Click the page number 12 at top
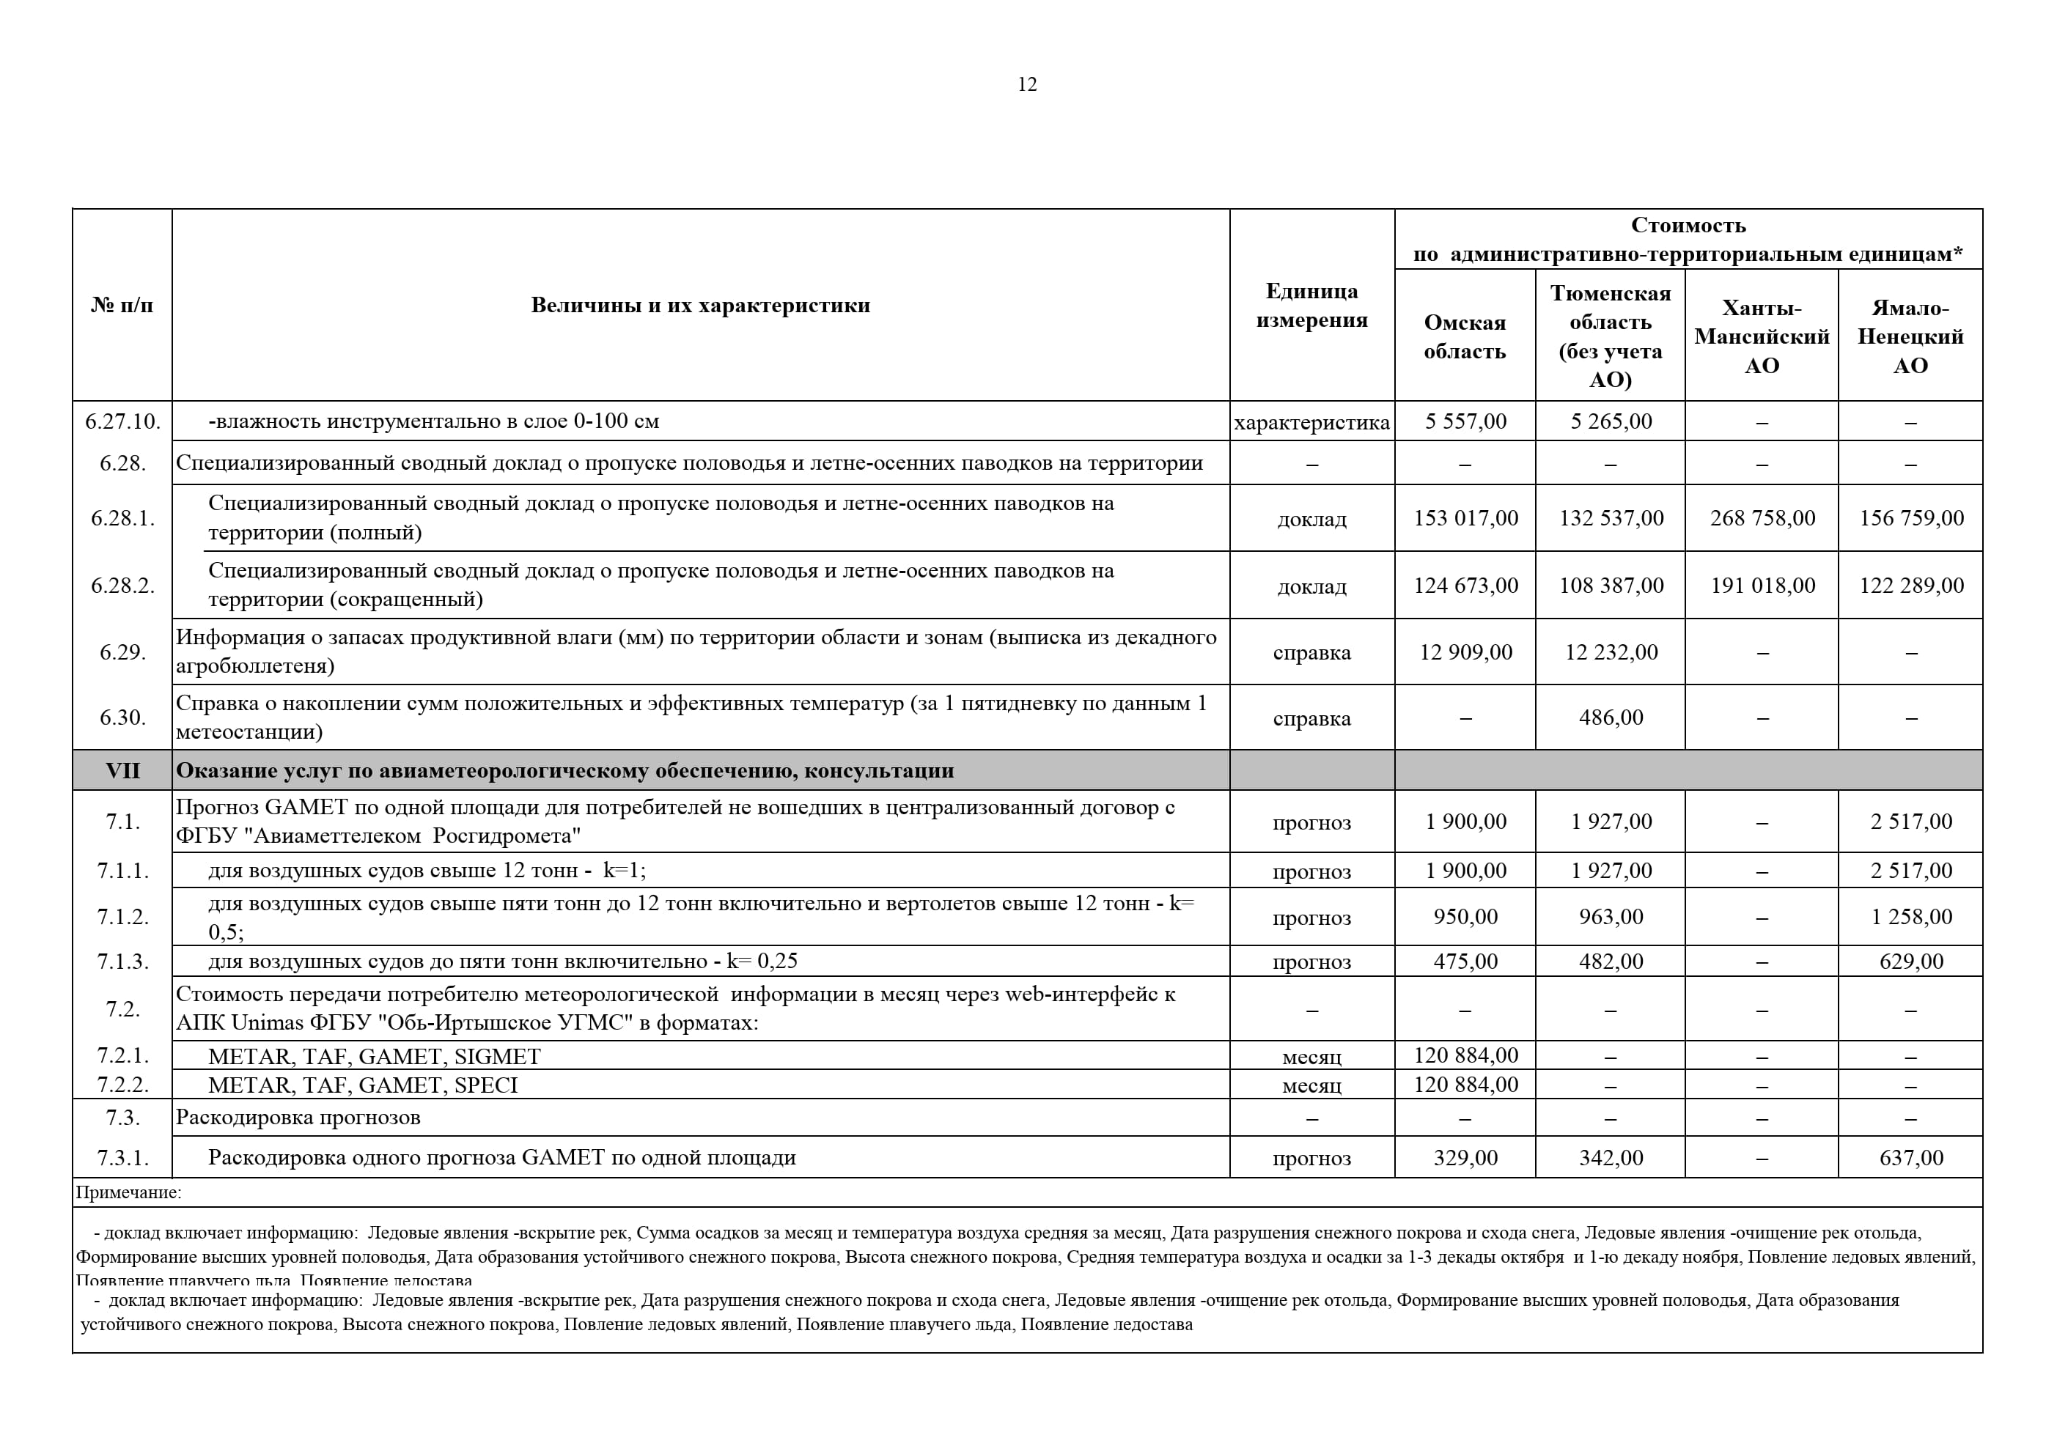pos(1027,84)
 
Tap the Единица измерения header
pos(1311,306)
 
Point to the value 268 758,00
pos(1762,518)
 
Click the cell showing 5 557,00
pos(1465,421)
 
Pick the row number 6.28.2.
pos(122,585)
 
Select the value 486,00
pos(1610,717)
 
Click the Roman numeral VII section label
pos(122,770)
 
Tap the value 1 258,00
pos(1910,917)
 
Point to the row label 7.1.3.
pos(122,962)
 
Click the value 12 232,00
pos(1610,652)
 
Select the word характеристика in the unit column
pos(1311,422)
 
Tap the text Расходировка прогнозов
pos(298,1117)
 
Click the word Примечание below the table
pos(128,1192)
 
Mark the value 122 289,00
pos(1910,586)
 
